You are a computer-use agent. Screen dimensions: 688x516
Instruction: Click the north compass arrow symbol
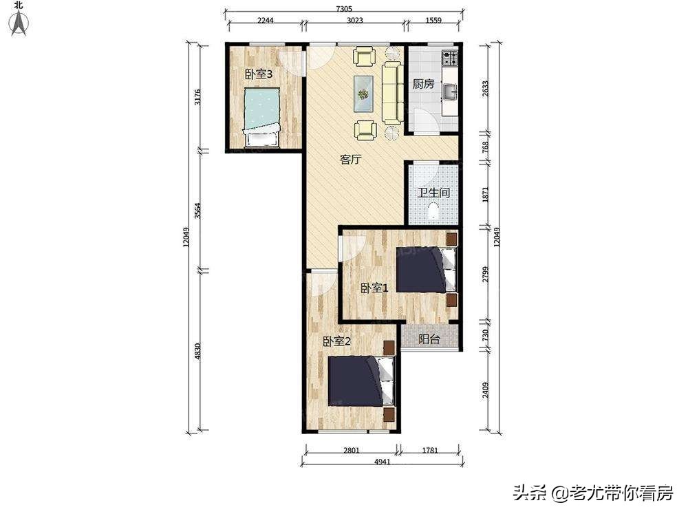point(19,23)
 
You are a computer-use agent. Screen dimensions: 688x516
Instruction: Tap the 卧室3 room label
point(259,74)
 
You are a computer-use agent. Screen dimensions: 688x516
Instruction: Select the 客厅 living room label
point(351,160)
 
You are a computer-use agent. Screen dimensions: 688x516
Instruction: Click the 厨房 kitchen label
point(423,84)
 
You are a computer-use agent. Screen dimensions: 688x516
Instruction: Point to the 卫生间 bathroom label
point(433,192)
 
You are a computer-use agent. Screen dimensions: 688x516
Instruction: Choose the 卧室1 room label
point(374,288)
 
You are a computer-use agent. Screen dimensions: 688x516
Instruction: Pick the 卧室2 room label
point(336,341)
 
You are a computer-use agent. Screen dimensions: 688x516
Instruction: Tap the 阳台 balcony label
point(429,338)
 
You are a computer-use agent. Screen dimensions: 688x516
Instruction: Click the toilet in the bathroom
point(433,211)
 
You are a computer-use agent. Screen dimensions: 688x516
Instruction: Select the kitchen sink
point(449,92)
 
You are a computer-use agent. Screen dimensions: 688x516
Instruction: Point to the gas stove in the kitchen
point(450,58)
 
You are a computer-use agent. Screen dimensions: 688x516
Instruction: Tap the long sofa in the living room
point(393,93)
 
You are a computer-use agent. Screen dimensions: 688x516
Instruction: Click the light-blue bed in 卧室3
point(262,117)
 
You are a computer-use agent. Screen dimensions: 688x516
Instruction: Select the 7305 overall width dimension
point(345,9)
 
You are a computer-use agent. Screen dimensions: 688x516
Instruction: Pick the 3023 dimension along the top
point(354,20)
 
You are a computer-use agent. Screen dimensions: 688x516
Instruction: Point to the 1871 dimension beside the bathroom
point(485,195)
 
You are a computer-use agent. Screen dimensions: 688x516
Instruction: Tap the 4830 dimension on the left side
point(197,351)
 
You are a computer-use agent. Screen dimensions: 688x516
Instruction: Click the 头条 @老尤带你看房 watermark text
point(593,493)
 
